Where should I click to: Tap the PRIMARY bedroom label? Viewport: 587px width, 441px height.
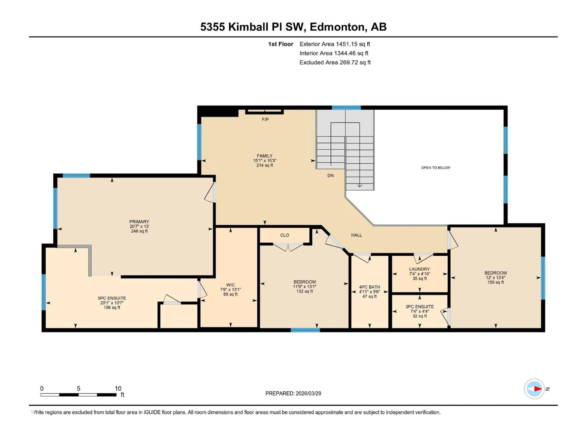coord(139,221)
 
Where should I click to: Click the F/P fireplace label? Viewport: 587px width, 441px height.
coord(265,120)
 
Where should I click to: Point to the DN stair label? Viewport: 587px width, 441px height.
coord(330,175)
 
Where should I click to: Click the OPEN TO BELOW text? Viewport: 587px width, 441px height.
coord(436,168)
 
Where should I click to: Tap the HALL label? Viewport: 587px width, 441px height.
coord(356,235)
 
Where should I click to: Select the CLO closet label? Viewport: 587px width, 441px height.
coord(284,235)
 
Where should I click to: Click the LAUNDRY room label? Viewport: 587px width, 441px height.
coord(419,269)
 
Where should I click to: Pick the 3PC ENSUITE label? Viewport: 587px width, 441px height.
coord(419,307)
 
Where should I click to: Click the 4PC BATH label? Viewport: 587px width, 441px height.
coord(369,287)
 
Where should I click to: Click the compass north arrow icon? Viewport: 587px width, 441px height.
coord(534,389)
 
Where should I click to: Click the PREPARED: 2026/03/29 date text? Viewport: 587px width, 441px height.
coord(293,393)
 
